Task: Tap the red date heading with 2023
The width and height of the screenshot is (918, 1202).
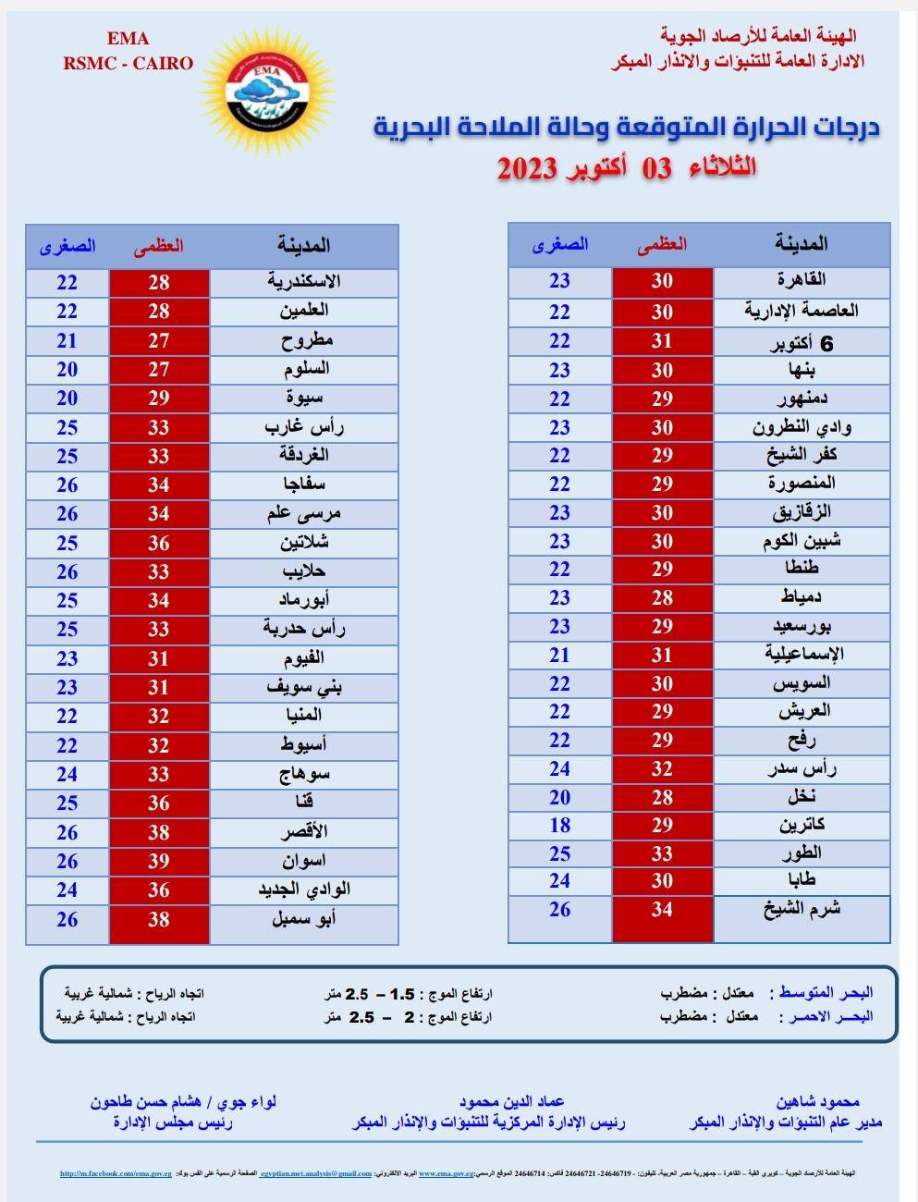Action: [626, 168]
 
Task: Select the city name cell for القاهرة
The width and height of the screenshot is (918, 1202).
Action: [801, 281]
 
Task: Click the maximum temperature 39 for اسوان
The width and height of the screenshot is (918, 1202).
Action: [159, 861]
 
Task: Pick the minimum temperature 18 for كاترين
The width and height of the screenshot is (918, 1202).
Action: [559, 825]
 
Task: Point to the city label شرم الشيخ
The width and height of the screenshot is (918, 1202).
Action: [801, 909]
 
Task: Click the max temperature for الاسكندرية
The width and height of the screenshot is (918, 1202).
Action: [159, 282]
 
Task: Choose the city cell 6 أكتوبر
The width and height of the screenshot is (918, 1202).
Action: [801, 343]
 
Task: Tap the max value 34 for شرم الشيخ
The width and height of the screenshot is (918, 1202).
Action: [662, 909]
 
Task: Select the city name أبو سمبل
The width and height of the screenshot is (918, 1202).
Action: [303, 919]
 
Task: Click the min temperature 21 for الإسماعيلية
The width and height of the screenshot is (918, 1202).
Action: [559, 655]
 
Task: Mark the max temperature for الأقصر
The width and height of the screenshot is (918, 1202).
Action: [159, 832]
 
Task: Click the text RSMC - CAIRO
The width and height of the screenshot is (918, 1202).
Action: [128, 64]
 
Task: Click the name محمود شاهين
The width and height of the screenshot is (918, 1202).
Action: [818, 1101]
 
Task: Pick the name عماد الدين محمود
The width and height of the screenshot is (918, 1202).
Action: [511, 1101]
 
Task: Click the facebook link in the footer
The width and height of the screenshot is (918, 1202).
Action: [116, 1174]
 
